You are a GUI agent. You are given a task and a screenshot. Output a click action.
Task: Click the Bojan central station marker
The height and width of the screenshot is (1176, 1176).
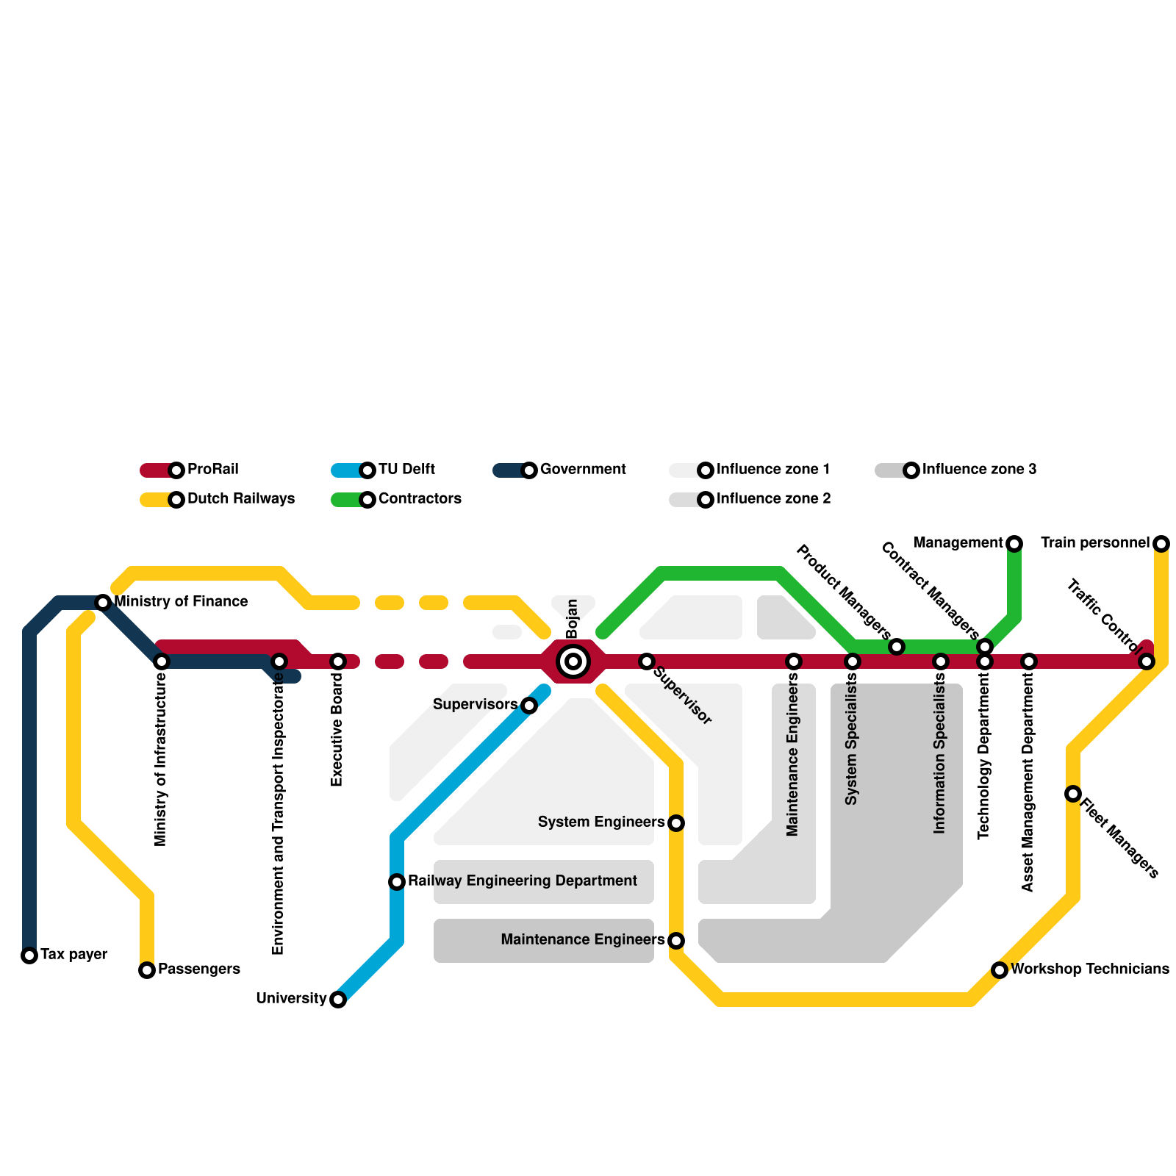click(573, 661)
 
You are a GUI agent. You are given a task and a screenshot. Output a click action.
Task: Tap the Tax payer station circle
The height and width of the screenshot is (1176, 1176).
click(29, 955)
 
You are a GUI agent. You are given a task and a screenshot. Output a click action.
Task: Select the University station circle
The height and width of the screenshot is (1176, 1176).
click(338, 1000)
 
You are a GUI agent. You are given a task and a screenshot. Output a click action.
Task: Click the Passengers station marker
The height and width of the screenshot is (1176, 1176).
click(147, 970)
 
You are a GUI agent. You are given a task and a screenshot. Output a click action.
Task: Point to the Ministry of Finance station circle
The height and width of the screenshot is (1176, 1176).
click(103, 603)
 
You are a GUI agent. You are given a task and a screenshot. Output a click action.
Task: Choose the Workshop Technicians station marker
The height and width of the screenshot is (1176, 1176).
click(1000, 970)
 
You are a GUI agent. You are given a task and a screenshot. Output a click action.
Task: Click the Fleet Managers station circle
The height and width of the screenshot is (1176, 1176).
click(1073, 794)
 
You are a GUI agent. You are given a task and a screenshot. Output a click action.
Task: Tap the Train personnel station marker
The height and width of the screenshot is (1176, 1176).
click(1161, 544)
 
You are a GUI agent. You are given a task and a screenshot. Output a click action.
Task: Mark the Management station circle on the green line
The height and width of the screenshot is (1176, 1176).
click(1014, 544)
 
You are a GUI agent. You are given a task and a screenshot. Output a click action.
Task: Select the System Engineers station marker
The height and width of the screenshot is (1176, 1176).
click(676, 823)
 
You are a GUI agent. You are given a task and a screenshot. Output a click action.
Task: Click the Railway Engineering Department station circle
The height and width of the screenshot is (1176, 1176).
click(397, 882)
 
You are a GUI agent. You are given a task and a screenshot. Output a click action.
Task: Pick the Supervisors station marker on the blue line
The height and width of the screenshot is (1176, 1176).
click(529, 706)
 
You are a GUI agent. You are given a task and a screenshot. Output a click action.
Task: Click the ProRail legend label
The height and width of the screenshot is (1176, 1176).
click(213, 470)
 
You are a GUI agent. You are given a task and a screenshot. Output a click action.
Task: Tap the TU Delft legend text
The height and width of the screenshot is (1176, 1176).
click(406, 470)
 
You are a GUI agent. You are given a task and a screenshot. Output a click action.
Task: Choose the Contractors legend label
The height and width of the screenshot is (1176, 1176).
click(420, 499)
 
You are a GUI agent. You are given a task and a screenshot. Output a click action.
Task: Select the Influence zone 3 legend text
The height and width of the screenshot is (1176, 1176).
click(979, 470)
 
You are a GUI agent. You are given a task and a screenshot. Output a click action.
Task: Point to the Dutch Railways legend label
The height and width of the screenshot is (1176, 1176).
click(241, 499)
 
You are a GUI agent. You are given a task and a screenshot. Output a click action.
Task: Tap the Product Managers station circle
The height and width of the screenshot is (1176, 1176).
click(897, 647)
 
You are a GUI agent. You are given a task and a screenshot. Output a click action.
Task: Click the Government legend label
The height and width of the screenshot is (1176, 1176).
click(583, 470)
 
